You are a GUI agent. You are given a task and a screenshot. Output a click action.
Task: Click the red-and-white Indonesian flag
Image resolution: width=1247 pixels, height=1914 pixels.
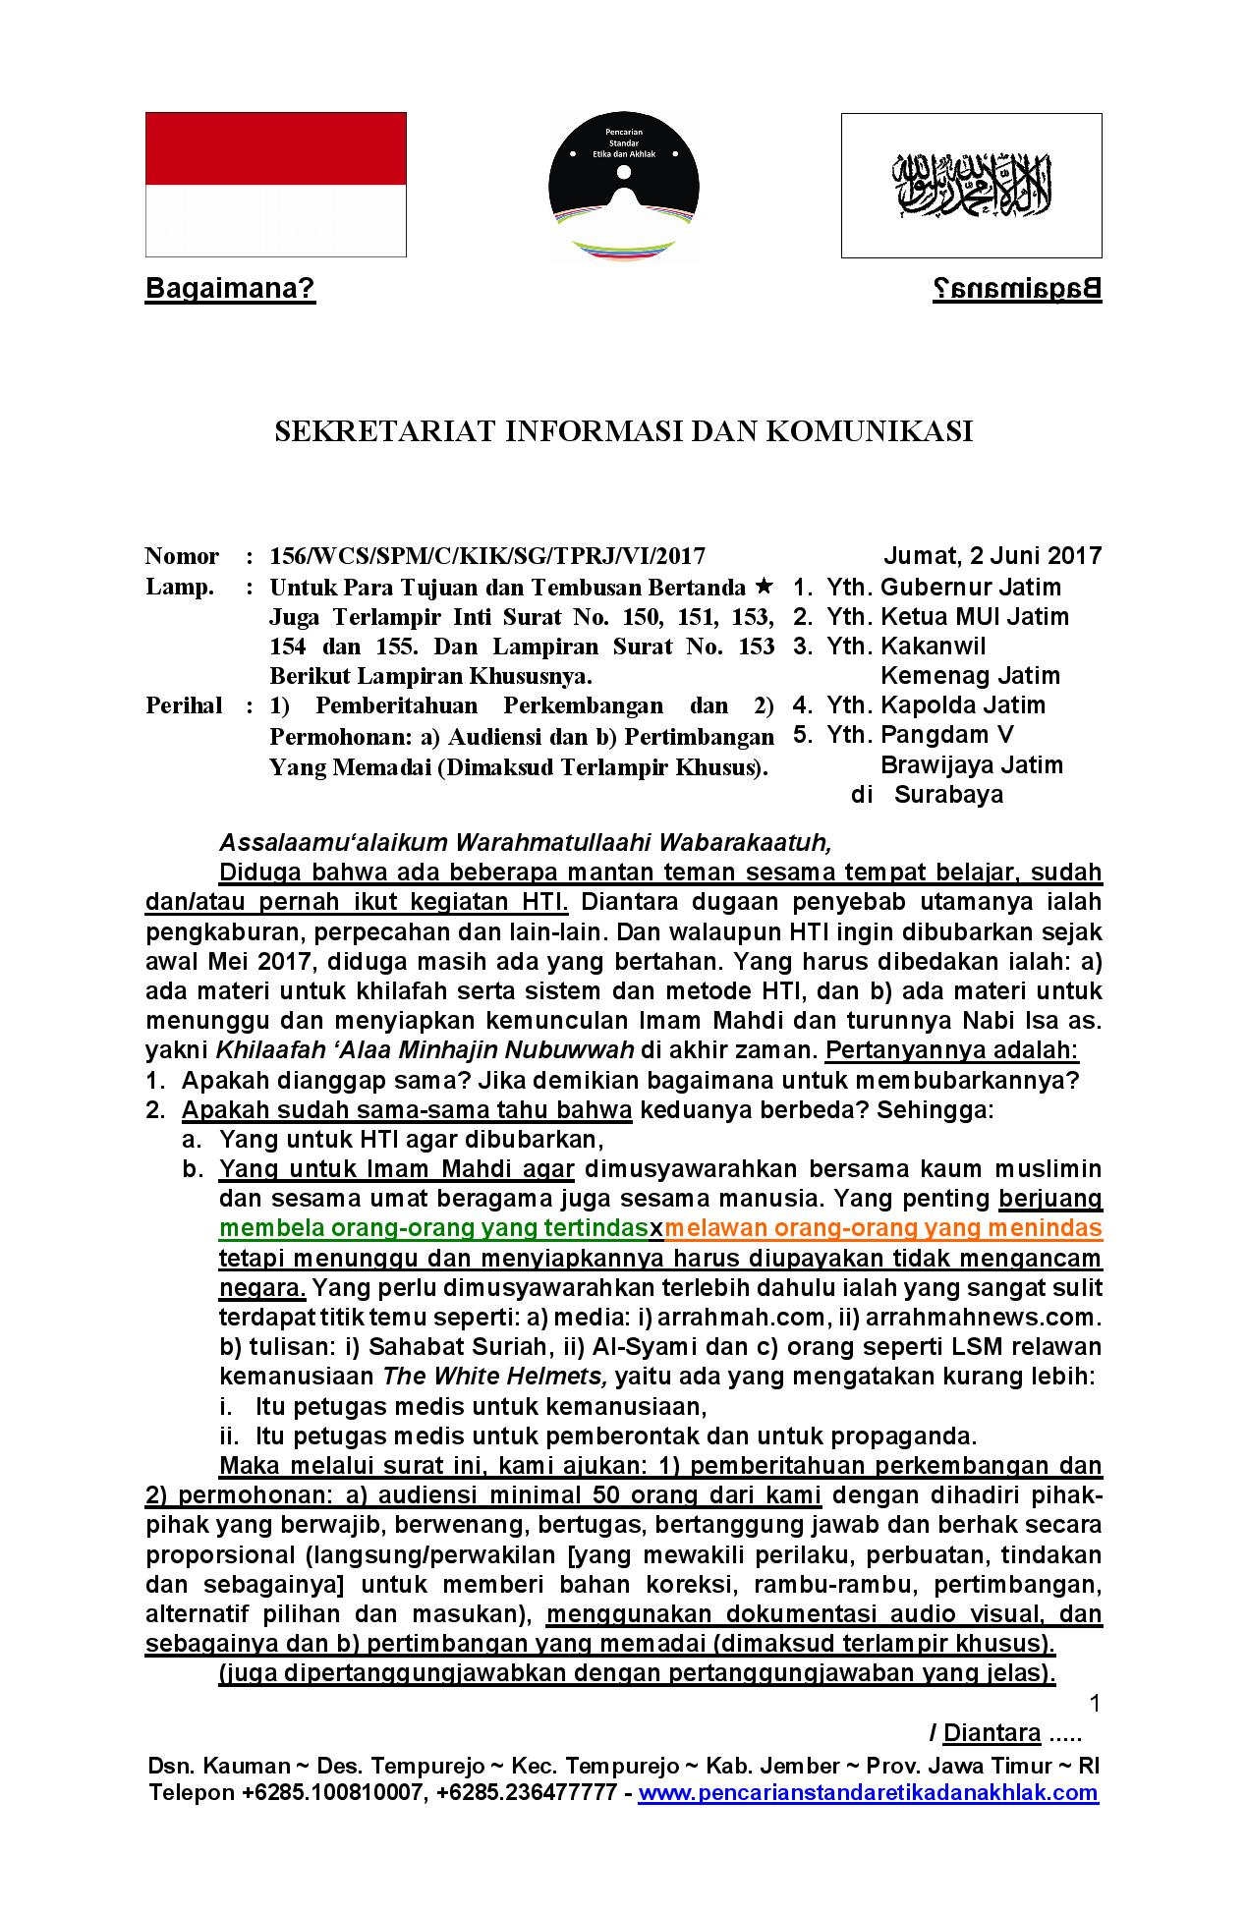276,185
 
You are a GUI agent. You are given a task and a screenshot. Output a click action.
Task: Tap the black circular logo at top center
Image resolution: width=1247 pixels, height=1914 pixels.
623,185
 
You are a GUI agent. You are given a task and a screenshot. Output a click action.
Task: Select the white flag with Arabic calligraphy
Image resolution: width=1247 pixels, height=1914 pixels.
971,185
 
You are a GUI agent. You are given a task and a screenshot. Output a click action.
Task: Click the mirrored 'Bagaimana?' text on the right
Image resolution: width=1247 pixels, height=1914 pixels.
1016,290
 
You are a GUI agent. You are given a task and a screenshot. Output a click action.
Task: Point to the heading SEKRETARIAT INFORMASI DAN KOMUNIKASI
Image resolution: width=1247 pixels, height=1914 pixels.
623,432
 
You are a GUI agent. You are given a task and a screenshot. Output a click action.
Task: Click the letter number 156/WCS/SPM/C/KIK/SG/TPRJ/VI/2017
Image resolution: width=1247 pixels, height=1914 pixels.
487,557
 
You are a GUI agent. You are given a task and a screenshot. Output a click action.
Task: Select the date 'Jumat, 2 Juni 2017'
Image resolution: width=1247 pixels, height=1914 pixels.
992,555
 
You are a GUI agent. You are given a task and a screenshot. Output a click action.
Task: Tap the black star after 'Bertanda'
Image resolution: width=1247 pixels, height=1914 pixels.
765,588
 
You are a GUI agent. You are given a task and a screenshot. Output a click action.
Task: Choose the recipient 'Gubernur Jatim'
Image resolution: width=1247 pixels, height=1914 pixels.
971,588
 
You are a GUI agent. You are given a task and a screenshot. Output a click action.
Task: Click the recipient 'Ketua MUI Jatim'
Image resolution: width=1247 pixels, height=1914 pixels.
974,617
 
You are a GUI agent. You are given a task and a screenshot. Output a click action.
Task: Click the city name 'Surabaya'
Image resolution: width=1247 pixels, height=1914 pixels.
948,795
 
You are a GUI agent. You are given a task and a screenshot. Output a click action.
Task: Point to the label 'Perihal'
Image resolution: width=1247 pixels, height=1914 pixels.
184,706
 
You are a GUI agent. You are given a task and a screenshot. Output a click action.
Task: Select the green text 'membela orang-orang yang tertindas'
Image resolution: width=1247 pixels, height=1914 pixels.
433,1229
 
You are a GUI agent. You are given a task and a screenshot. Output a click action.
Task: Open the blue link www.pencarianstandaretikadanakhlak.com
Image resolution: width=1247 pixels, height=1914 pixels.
868,1793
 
